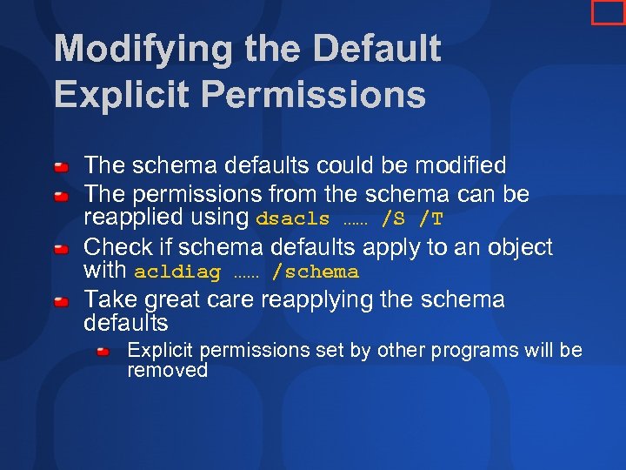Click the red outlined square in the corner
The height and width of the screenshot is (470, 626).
tap(608, 11)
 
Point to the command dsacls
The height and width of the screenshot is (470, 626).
tap(293, 219)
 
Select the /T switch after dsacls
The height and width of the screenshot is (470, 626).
tap(430, 219)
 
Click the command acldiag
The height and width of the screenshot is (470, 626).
tap(177, 272)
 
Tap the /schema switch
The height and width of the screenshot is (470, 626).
tap(315, 272)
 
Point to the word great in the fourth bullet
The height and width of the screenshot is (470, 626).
tap(182, 299)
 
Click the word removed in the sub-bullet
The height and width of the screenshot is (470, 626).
tap(168, 370)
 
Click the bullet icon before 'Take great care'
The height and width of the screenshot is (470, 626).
tap(62, 302)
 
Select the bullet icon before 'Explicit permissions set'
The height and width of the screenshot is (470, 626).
tap(103, 352)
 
